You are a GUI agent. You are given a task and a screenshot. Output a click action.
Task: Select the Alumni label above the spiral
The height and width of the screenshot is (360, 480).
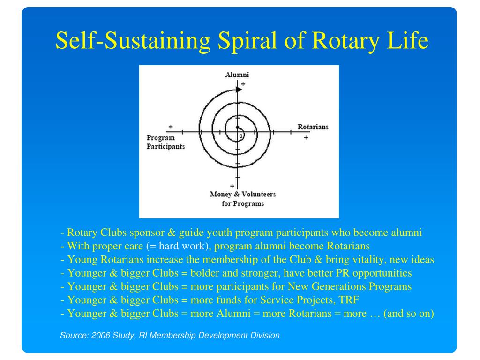click(237, 75)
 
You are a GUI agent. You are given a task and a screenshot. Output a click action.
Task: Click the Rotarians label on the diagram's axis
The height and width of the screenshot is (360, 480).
click(313, 127)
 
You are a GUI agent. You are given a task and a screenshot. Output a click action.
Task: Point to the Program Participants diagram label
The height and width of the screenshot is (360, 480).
click(165, 142)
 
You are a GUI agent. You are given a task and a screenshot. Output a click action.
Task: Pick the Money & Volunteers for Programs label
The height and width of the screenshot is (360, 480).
click(243, 199)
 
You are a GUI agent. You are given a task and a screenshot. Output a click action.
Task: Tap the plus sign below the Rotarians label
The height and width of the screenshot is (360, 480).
click(306, 138)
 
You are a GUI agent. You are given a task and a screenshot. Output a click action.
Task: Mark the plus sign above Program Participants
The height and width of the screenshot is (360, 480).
click(170, 127)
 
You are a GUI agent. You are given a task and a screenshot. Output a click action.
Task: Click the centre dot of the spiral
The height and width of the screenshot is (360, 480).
click(237, 127)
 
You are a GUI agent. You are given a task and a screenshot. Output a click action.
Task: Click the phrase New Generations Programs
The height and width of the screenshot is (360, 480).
click(350, 286)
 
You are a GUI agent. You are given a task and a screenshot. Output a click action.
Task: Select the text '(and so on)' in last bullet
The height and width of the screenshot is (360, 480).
click(409, 314)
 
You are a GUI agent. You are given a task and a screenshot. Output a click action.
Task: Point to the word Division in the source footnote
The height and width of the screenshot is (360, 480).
click(266, 335)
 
